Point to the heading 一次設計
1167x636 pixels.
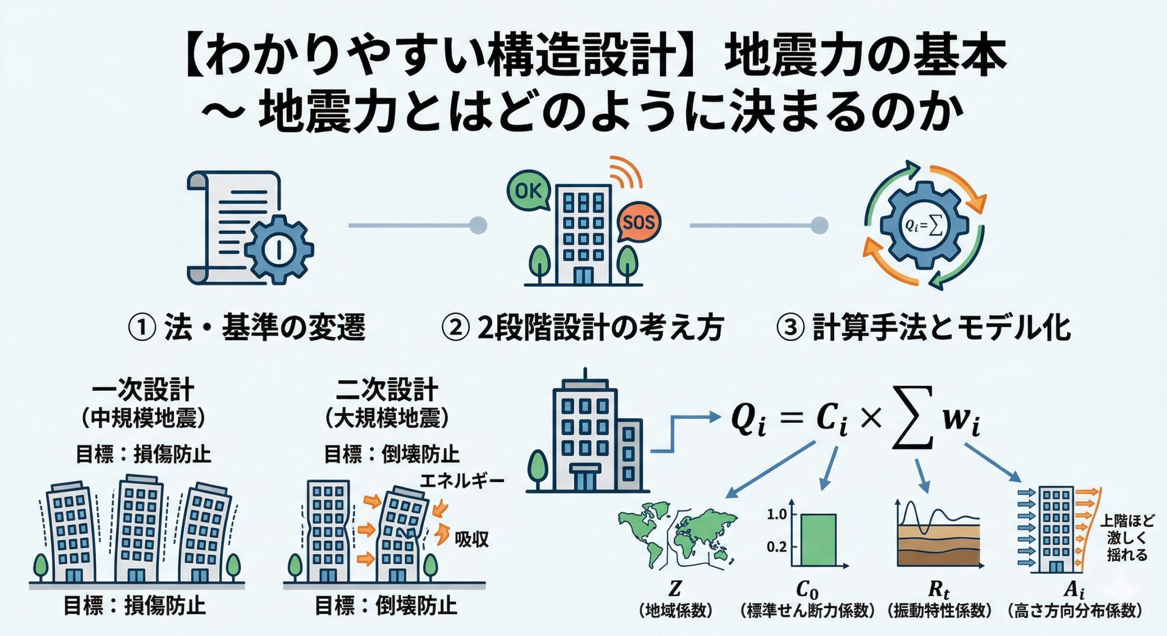[143, 390]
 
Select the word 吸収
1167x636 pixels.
[472, 539]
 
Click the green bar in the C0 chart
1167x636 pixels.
[818, 540]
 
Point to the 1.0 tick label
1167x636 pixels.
[777, 514]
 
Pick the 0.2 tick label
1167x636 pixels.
[777, 546]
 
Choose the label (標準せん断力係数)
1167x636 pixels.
[807, 611]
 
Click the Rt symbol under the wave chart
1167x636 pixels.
[939, 590]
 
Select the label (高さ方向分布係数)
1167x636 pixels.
[1075, 611]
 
